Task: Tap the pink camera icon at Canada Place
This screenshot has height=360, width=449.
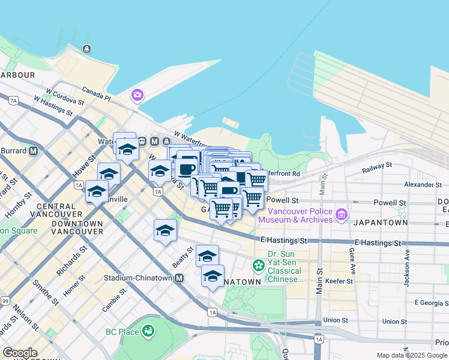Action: [137, 95]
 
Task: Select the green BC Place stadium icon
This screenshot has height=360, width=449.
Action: [148, 331]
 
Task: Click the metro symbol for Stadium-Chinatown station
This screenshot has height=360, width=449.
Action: [179, 278]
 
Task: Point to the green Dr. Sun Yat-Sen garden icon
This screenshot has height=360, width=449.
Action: [259, 265]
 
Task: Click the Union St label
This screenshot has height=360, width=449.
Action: [335, 320]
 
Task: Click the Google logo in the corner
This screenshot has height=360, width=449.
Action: [20, 353]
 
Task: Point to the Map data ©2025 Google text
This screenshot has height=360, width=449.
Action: [412, 355]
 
